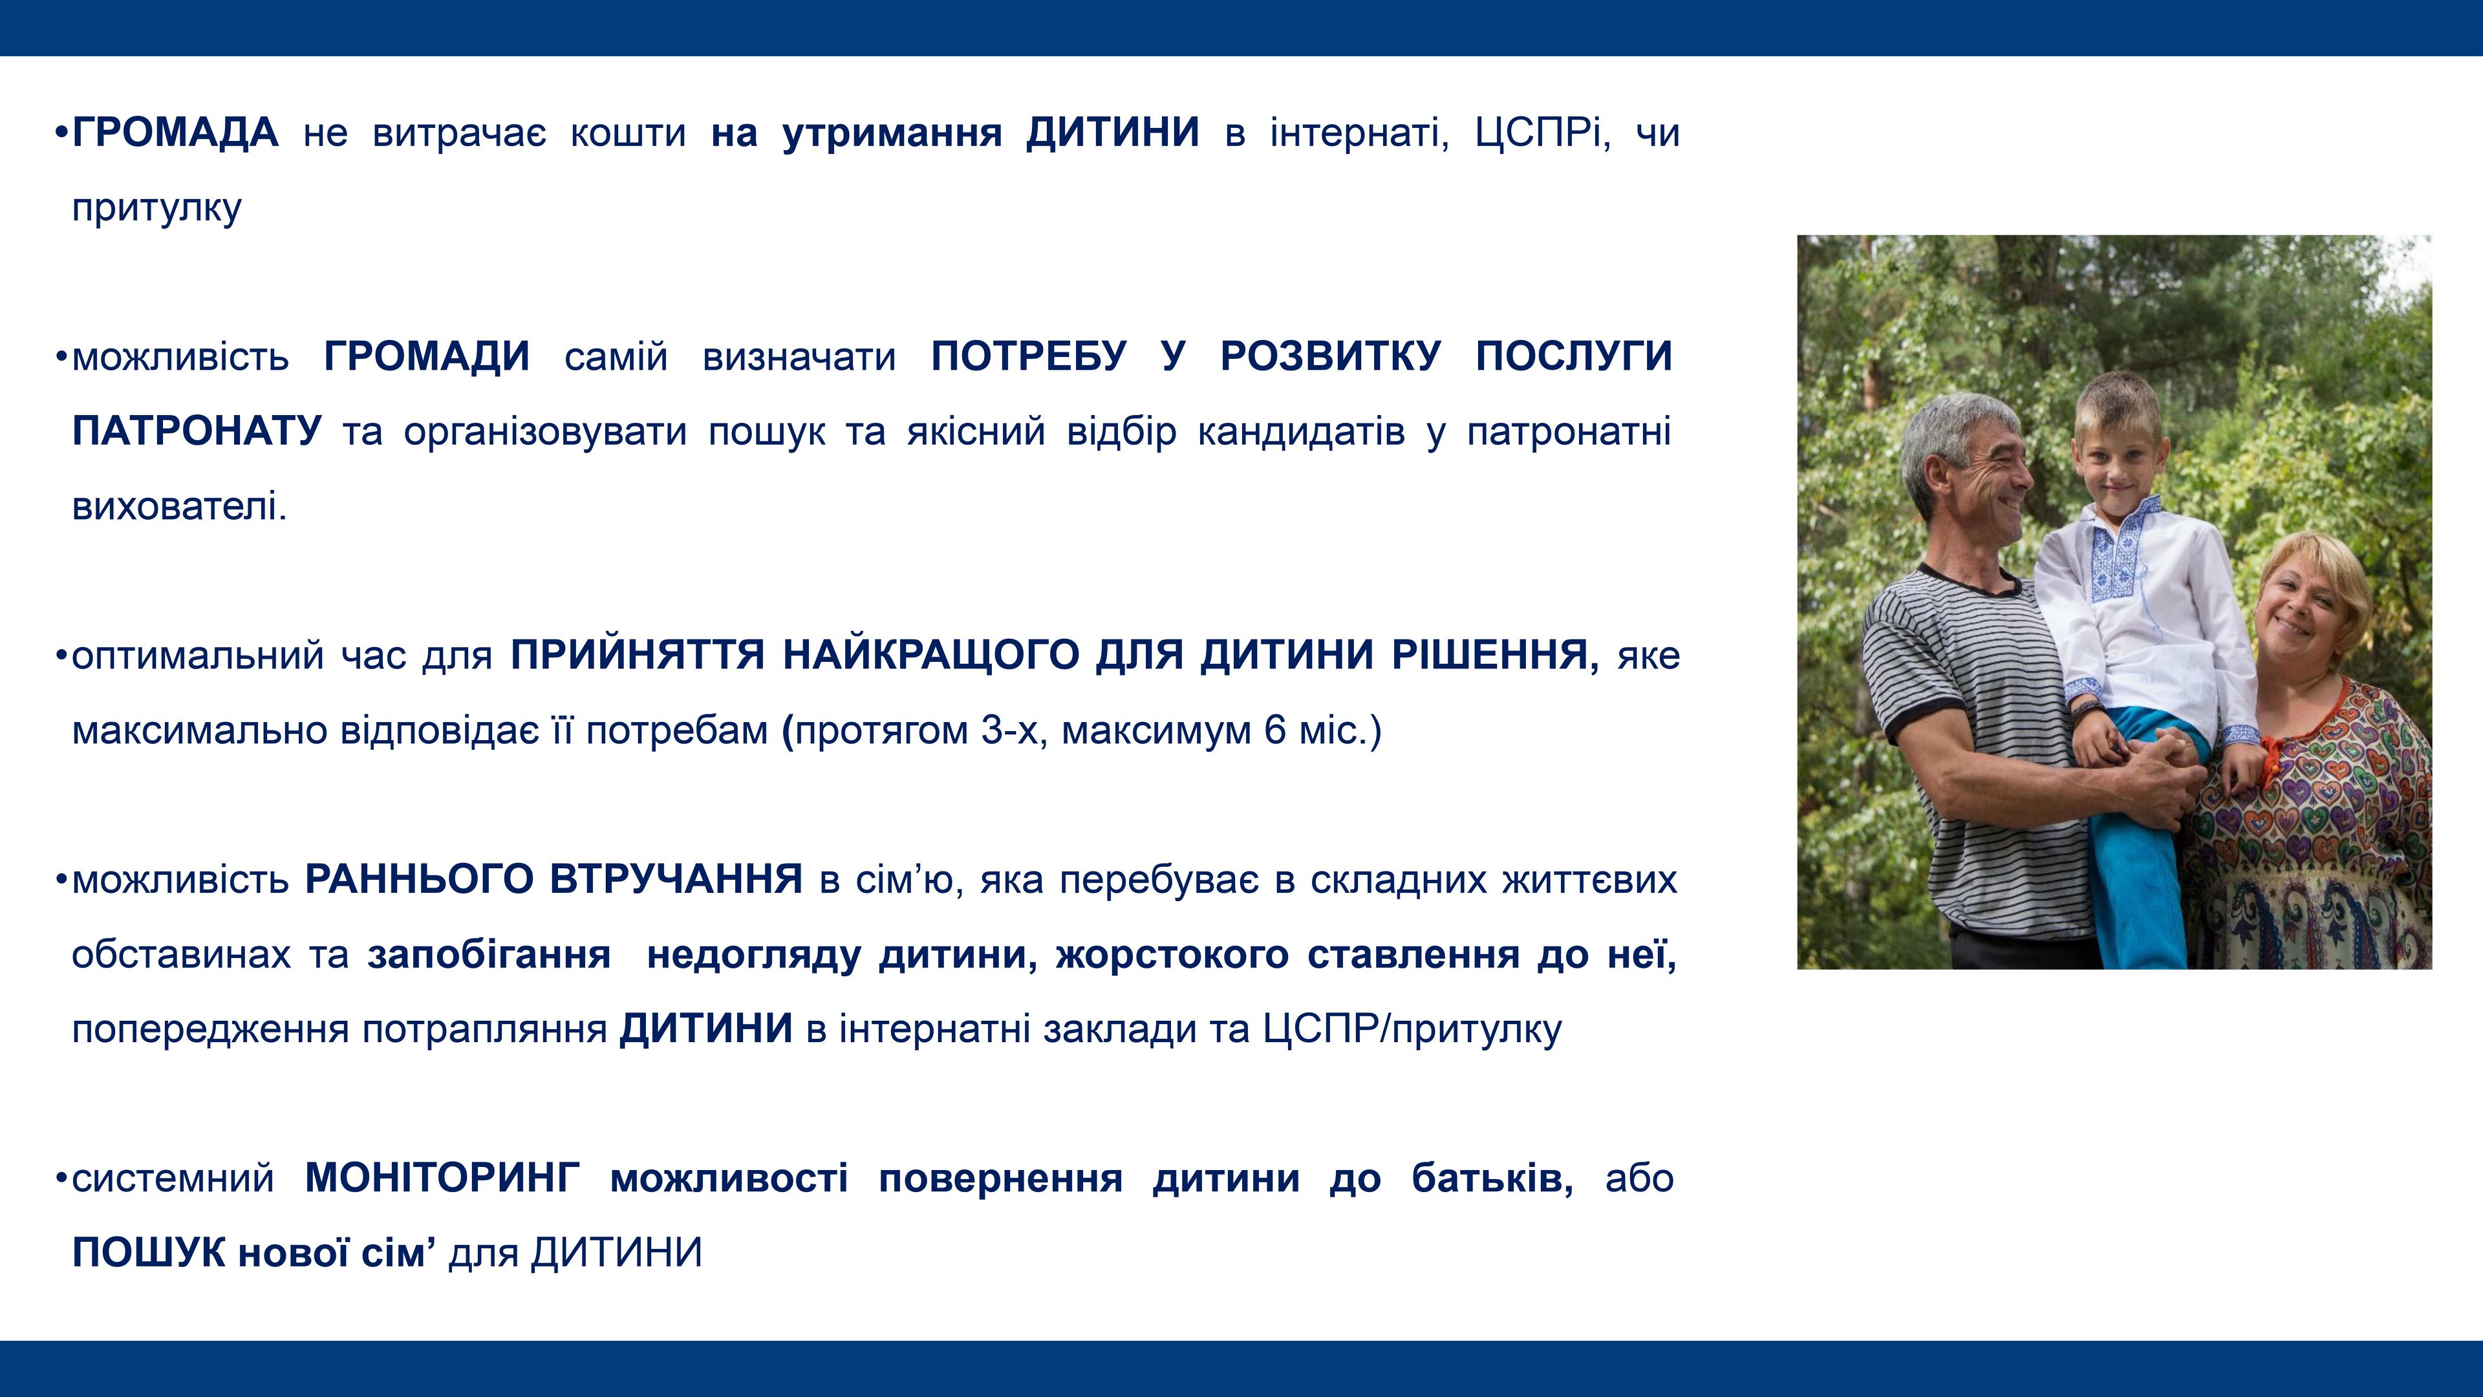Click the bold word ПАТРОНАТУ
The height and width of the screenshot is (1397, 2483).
click(197, 431)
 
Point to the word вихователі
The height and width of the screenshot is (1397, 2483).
click(179, 506)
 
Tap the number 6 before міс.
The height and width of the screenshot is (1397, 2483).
click(1275, 731)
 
